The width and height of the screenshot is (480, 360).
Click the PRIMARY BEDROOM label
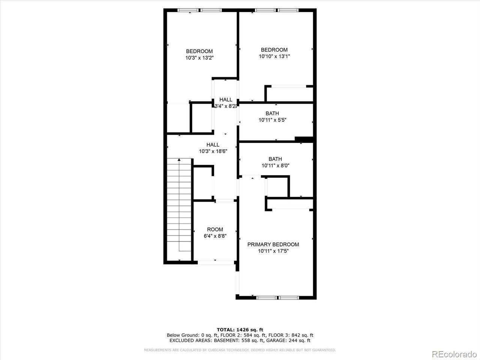coord(273,244)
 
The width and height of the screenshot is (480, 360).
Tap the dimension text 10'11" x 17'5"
coord(273,251)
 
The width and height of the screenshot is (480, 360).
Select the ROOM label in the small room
coord(215,229)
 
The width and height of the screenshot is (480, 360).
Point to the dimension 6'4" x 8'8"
coord(215,236)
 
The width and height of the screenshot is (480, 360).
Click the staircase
coord(180,206)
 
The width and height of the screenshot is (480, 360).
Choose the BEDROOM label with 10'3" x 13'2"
coord(199,51)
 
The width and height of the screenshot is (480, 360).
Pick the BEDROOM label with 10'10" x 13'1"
coord(274,50)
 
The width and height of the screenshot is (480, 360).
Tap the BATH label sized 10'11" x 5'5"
coord(272,113)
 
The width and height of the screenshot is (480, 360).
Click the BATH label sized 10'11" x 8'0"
coord(275,159)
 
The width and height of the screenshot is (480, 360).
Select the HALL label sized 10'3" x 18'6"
coord(213,145)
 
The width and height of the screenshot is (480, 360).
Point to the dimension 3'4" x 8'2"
coord(225,106)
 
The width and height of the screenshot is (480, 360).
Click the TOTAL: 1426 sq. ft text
coord(240,330)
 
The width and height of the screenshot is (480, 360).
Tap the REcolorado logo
coord(453,354)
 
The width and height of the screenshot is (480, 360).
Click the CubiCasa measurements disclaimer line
coord(240,350)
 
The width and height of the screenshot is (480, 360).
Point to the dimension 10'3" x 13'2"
coord(199,58)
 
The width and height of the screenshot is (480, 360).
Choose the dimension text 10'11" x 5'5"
coord(272,120)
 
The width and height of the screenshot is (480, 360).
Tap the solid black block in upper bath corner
coord(304,139)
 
